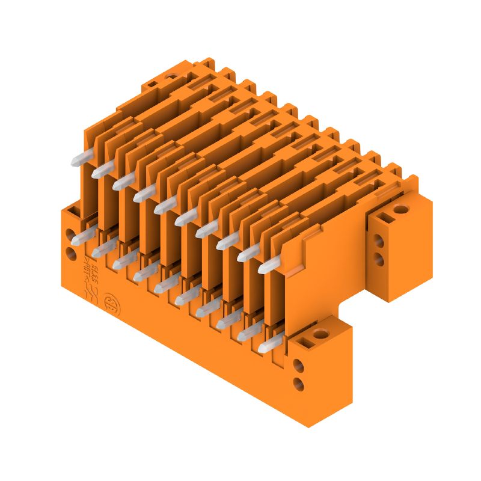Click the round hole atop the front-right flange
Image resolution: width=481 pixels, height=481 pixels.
click(x=320, y=334)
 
